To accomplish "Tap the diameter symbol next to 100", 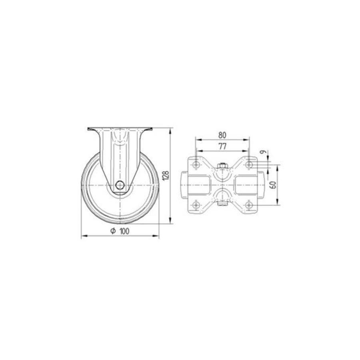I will [x=113, y=231].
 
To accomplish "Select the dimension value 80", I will [x=222, y=135].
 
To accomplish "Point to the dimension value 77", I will [x=222, y=146].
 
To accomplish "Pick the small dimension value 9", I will [x=263, y=152].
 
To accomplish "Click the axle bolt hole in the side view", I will [x=120, y=185].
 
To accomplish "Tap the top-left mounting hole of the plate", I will [x=196, y=164].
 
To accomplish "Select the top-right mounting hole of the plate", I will [x=249, y=164].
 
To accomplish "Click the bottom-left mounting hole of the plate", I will [x=196, y=205].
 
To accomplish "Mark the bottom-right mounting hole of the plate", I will [x=249, y=205].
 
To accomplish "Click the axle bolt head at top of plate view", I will [x=222, y=166].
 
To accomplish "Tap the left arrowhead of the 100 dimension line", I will [x=83, y=237].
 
